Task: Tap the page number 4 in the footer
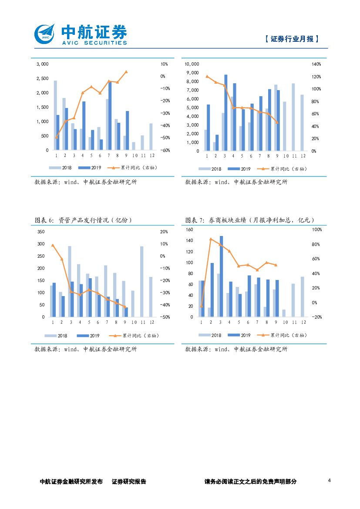(330, 481)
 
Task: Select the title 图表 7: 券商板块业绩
(249, 220)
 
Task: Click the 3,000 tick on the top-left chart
(42, 64)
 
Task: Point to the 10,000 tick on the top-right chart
(192, 64)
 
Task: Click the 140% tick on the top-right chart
(316, 64)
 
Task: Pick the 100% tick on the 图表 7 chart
(317, 229)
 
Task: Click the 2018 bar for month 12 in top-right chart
(302, 123)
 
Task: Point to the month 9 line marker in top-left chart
(126, 72)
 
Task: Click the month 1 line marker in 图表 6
(53, 245)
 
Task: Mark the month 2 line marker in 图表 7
(210, 239)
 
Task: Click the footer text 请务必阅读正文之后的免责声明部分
(250, 482)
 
